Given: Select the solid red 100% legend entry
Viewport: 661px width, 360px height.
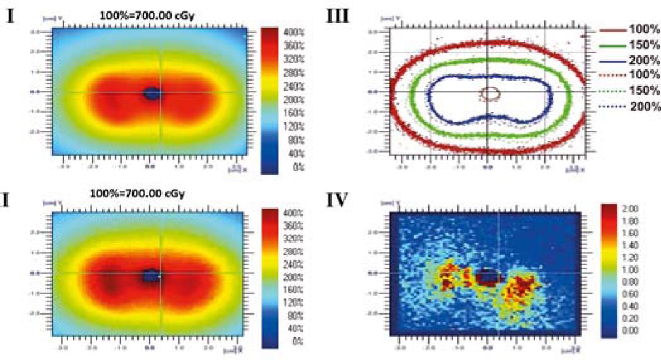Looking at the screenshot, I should [631, 30].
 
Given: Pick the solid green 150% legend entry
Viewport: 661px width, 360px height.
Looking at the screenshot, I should [631, 45].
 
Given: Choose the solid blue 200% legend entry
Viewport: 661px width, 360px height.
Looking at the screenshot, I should [631, 61].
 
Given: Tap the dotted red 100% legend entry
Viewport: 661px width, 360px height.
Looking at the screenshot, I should [631, 76].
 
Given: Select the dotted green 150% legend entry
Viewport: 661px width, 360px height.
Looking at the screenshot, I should [631, 91].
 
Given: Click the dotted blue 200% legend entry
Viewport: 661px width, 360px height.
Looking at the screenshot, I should [631, 105].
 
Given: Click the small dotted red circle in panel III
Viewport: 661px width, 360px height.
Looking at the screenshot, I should [490, 93].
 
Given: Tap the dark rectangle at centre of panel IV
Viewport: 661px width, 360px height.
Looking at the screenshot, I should [488, 277].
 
